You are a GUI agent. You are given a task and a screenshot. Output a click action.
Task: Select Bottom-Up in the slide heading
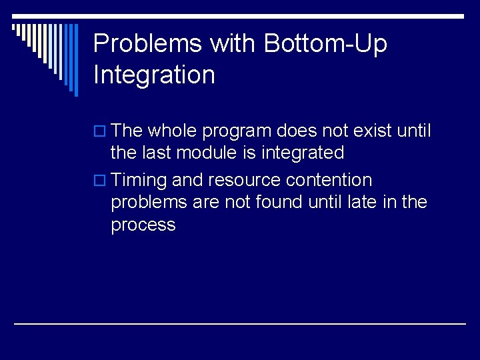[x=325, y=44]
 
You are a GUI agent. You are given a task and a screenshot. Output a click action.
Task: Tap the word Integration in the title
[x=154, y=75]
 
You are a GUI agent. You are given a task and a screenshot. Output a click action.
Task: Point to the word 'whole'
[x=175, y=131]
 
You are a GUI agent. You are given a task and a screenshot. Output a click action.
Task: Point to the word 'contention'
[x=329, y=180]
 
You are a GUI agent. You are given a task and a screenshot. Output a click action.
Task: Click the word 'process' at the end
[x=143, y=225]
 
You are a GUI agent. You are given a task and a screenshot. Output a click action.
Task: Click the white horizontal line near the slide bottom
[x=240, y=323]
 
